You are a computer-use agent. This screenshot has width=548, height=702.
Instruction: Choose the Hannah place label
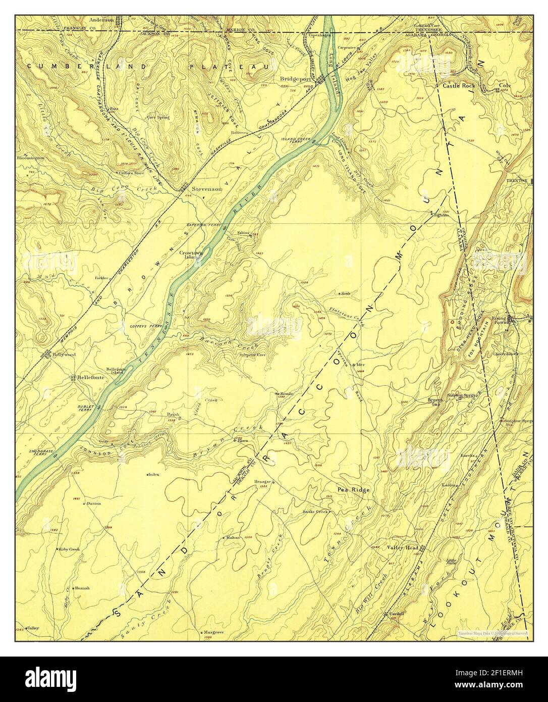pos(82,588)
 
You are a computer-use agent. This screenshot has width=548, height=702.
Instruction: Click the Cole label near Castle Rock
pos(505,86)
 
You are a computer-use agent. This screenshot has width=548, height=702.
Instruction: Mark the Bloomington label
pos(30,158)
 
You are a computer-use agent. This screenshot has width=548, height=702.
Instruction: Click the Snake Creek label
pos(315,512)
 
